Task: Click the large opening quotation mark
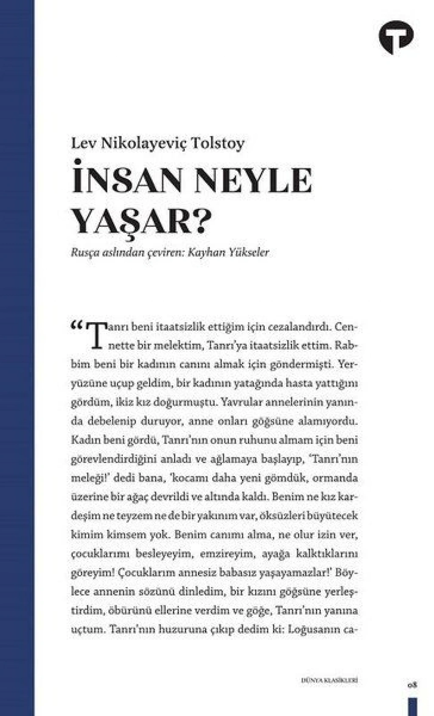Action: (x=78, y=326)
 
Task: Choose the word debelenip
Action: (x=112, y=421)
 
